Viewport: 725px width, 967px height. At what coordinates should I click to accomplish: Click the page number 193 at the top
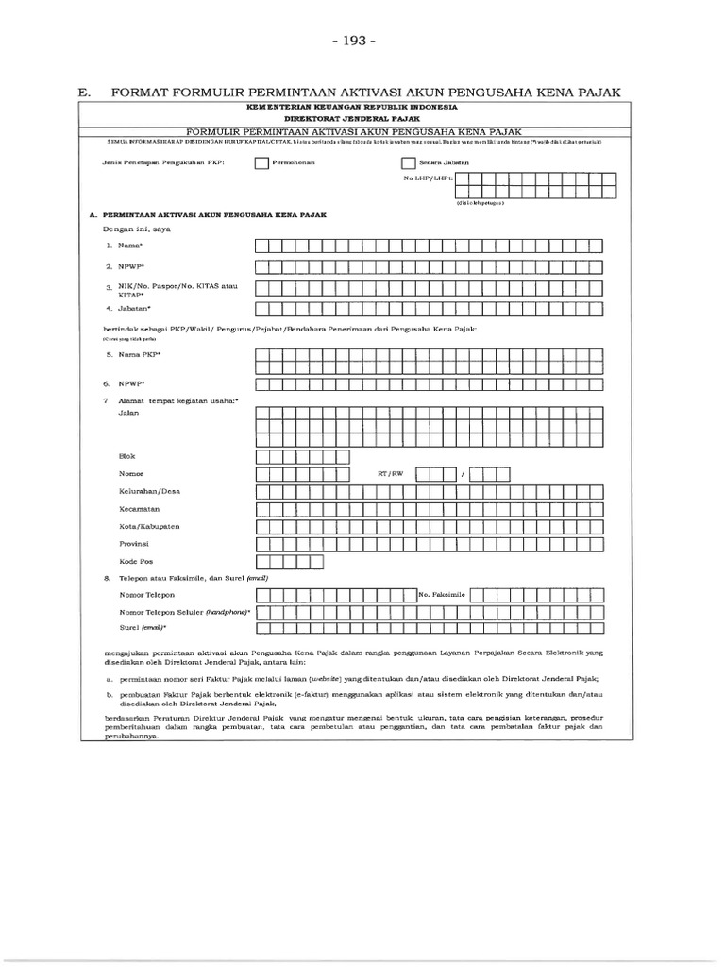pos(362,43)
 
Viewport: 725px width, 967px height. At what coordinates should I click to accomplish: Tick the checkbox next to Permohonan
pos(261,162)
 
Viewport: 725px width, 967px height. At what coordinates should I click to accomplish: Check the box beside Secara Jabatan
pos(409,162)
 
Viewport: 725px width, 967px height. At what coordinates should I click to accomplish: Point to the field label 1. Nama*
pos(123,246)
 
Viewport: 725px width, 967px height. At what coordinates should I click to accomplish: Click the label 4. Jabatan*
pos(128,308)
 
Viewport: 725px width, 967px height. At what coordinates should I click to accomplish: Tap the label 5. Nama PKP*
pos(133,354)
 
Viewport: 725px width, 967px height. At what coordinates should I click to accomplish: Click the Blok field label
pos(126,456)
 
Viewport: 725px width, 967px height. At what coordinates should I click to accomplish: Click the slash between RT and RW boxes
pos(463,474)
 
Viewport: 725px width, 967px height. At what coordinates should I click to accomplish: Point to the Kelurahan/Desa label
pos(149,491)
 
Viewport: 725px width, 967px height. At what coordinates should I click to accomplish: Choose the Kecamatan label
pos(139,509)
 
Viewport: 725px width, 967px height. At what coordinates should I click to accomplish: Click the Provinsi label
pos(135,544)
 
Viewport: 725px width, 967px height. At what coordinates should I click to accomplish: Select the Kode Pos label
pos(136,562)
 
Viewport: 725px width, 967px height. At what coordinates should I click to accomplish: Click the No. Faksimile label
pos(443,595)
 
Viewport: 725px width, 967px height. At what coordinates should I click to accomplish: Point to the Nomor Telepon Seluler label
pos(185,612)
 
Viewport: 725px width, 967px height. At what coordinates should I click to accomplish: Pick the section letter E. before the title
pos(83,92)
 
